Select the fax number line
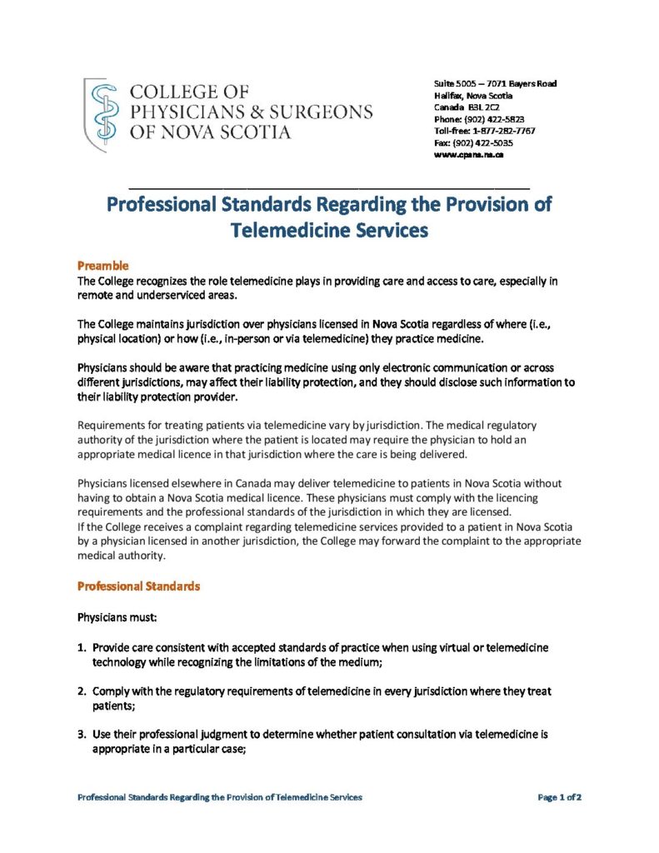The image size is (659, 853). (473, 142)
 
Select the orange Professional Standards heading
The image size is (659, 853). (138, 586)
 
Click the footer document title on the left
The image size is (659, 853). (220, 797)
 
